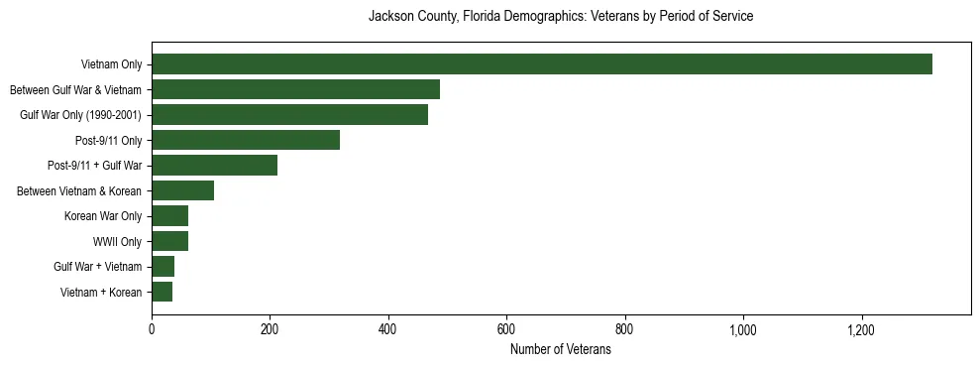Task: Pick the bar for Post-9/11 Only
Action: click(x=246, y=140)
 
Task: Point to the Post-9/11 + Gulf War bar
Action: click(x=214, y=166)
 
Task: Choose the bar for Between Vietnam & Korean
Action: click(x=182, y=190)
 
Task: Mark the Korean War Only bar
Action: click(x=169, y=216)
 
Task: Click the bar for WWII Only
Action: click(x=169, y=241)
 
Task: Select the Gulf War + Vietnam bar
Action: click(x=163, y=267)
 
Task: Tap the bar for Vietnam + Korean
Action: click(x=162, y=292)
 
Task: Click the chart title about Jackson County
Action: click(x=561, y=17)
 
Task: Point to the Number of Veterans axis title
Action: click(x=561, y=350)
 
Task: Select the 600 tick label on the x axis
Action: click(x=506, y=330)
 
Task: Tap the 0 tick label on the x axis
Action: click(x=152, y=330)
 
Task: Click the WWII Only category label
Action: click(x=117, y=241)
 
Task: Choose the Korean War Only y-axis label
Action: click(x=103, y=216)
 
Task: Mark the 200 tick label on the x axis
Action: click(x=270, y=330)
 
